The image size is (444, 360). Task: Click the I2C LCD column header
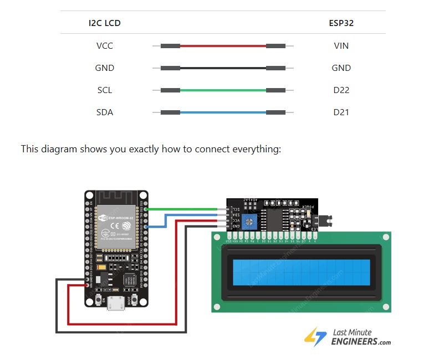point(104,23)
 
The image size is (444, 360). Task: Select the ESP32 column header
point(341,23)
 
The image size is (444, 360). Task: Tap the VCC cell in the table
point(104,45)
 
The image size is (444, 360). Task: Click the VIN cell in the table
point(341,45)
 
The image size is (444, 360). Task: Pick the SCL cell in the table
point(104,90)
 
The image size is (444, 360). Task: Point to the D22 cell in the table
point(341,90)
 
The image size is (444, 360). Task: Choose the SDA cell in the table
point(104,112)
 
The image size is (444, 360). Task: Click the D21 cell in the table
point(341,112)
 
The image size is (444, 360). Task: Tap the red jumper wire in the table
point(223,45)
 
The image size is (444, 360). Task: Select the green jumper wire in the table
point(223,90)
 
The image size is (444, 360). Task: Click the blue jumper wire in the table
point(223,112)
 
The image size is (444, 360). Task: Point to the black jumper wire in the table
point(223,68)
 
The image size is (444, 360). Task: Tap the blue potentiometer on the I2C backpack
point(252,223)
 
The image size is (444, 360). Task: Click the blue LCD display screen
point(302,272)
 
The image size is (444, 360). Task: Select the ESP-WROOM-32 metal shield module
point(116,227)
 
